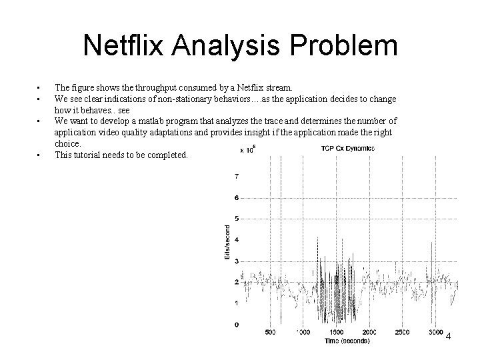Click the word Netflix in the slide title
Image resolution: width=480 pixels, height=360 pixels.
pyautogui.click(x=125, y=46)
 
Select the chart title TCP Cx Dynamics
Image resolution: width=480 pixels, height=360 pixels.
pyautogui.click(x=347, y=148)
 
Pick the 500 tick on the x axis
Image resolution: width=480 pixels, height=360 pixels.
pyautogui.click(x=271, y=332)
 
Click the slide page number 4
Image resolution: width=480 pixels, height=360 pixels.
pyautogui.click(x=448, y=336)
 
